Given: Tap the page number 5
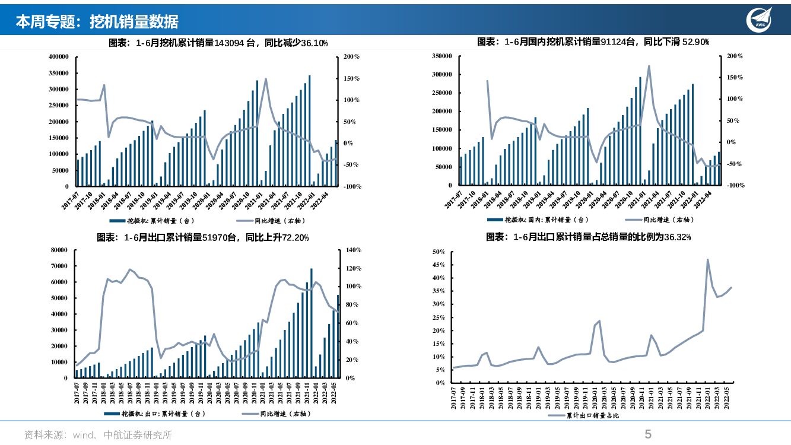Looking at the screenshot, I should tap(648, 434).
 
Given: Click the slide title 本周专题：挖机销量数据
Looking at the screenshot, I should tap(97, 22).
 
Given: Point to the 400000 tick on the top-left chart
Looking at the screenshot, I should tap(59, 57).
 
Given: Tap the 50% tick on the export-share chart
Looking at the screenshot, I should tap(439, 252).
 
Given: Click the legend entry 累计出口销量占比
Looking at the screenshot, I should tap(592, 416).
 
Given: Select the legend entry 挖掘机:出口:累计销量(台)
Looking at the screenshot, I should tap(163, 414).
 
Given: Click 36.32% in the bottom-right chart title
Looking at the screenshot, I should tap(677, 237).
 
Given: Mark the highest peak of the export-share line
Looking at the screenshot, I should tap(707, 259).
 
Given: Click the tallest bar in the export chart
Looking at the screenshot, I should tap(312, 323).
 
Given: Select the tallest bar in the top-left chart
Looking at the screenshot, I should tap(309, 131).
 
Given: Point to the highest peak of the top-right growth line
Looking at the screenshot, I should tap(649, 66).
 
